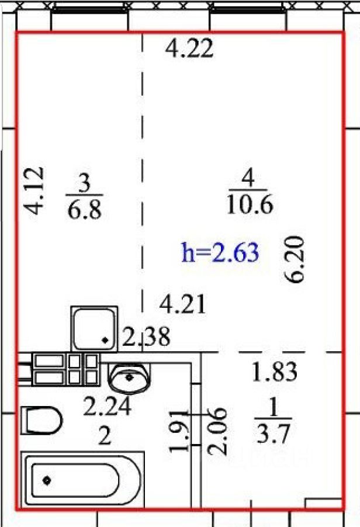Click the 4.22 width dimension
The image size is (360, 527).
[x=189, y=48]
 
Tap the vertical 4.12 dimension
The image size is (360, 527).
[x=35, y=190]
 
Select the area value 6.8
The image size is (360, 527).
[x=84, y=210]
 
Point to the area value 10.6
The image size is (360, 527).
[x=250, y=205]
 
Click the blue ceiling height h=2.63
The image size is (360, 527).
[x=220, y=252]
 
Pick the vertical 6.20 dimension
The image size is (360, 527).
[x=294, y=259]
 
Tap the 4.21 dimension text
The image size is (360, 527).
[x=182, y=304]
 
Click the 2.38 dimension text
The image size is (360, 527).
[x=146, y=337]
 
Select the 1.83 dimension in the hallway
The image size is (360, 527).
[x=275, y=372]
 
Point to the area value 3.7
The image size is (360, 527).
[x=272, y=434]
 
